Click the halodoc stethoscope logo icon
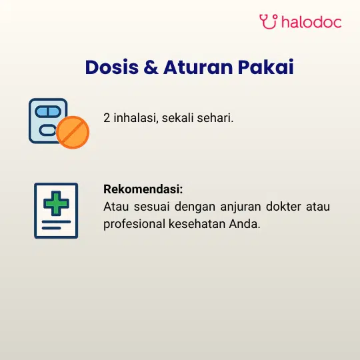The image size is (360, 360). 269,21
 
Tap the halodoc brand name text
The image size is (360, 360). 311,22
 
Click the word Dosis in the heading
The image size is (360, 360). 112,67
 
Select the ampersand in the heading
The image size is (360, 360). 151,67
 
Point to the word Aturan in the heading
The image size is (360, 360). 198,67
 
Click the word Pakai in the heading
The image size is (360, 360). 265,67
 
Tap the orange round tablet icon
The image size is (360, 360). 73,132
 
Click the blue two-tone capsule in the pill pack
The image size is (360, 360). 48,112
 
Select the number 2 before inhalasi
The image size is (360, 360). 107,118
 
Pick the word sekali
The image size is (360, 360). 178,117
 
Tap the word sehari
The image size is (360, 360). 215,117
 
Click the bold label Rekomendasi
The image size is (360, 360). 143,189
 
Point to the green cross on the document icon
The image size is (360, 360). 56,203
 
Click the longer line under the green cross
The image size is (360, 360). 56,222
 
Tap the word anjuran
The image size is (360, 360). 241,207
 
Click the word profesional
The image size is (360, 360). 134,224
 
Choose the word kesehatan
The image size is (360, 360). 197,223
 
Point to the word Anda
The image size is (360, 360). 245,223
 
